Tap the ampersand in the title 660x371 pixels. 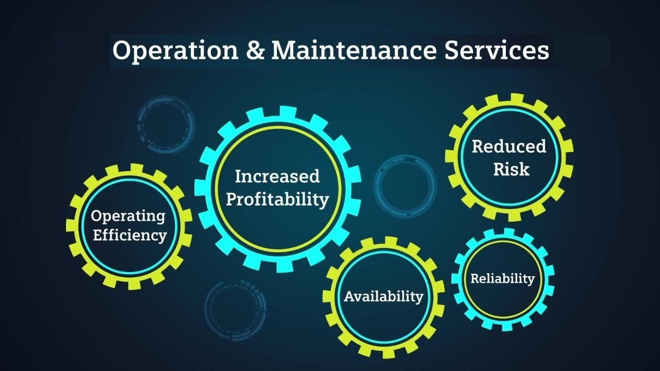pyautogui.click(x=255, y=50)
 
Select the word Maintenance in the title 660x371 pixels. pyautogui.click(x=354, y=50)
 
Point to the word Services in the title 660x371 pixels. pyautogui.click(x=497, y=50)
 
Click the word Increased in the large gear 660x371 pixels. pyautogui.click(x=277, y=176)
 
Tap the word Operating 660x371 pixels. pyautogui.click(x=128, y=216)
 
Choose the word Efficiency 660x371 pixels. pyautogui.click(x=130, y=235)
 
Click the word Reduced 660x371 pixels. pyautogui.click(x=509, y=146)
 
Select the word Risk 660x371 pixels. pyautogui.click(x=511, y=169)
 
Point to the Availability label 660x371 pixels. pyautogui.click(x=384, y=296)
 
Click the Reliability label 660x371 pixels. pyautogui.click(x=502, y=278)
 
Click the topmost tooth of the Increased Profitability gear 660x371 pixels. pyautogui.click(x=288, y=112)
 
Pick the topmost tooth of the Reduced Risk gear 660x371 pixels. pyautogui.click(x=517, y=98)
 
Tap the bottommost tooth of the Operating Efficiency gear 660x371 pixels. pyautogui.click(x=135, y=284)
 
